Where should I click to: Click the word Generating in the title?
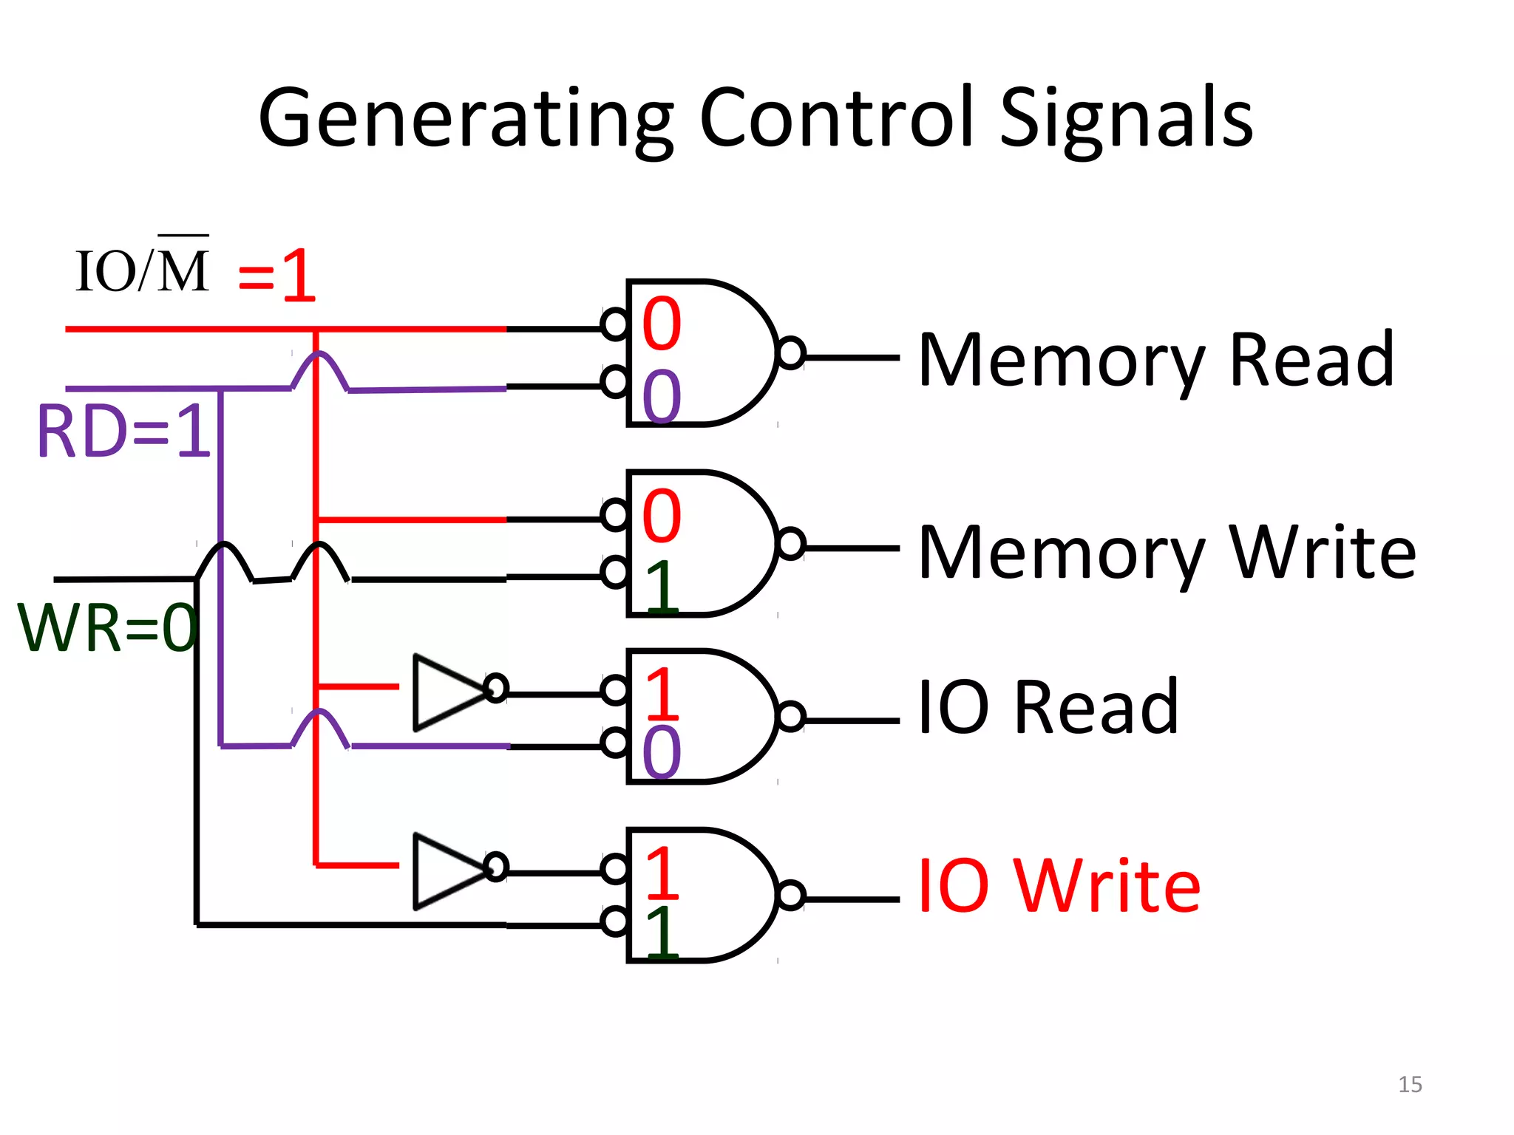(466, 118)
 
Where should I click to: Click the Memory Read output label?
(1155, 360)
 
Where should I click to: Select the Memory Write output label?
(1167, 552)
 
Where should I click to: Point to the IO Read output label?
(1048, 707)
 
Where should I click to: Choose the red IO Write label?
(1059, 886)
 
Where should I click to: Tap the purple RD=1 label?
(124, 432)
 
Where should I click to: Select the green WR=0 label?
(107, 628)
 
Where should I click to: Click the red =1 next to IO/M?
(277, 276)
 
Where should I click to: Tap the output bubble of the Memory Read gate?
(791, 353)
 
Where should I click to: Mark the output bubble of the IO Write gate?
(791, 896)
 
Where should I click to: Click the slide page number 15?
(1410, 1085)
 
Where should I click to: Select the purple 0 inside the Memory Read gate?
(662, 396)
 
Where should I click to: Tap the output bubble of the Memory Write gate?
(791, 545)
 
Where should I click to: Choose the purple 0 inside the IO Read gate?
(662, 751)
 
